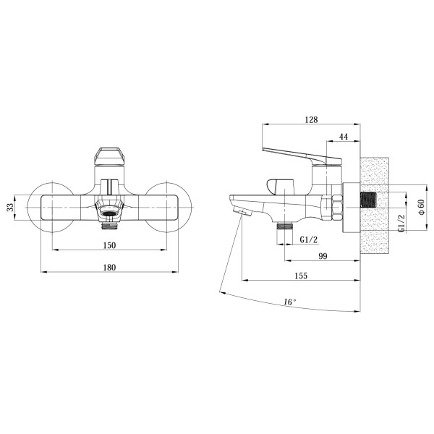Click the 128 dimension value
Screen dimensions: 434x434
point(311,119)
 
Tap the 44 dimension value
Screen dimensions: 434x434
point(344,137)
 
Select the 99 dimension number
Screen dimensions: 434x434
point(323,256)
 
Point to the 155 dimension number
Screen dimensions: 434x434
point(301,276)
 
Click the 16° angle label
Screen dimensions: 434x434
point(290,302)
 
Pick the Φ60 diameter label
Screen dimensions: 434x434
point(421,207)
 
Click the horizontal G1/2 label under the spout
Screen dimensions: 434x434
point(309,239)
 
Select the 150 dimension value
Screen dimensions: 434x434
point(109,245)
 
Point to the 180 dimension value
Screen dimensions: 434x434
point(109,268)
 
